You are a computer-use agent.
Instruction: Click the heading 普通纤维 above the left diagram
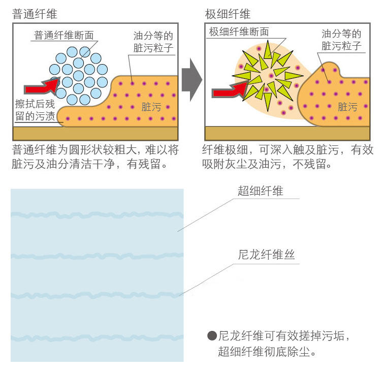tap(34, 14)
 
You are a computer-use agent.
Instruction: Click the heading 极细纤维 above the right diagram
tap(228, 14)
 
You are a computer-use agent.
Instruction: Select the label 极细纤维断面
tap(239, 32)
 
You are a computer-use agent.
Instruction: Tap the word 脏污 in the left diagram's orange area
tap(150, 107)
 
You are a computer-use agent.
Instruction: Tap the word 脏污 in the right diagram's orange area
tap(347, 107)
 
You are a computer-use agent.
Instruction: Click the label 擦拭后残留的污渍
tap(33, 109)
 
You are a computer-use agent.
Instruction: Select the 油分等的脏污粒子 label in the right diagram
tap(341, 40)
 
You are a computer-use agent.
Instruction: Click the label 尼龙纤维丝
tap(266, 255)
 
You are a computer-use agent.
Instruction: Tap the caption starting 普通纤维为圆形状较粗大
tap(96, 157)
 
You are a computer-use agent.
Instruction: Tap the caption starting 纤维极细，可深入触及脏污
tap(288, 157)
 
